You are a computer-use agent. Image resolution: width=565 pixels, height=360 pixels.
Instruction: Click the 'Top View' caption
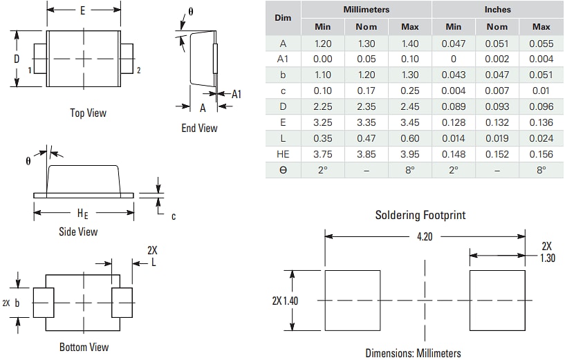coord(88,113)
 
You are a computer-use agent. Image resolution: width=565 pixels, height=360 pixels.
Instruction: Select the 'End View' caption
coord(199,128)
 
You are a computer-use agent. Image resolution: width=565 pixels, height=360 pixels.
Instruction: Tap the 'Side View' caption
coord(78,231)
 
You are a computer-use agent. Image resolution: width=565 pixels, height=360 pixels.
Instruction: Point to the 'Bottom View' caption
coord(84,347)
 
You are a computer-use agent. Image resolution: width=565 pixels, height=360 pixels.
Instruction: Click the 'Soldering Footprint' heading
coord(420,215)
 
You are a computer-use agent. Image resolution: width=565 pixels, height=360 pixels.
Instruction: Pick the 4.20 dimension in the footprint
coord(425,236)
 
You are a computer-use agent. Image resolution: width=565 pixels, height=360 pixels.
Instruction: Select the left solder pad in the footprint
coord(353,301)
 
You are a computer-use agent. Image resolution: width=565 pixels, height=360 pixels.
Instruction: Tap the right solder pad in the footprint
coord(497,301)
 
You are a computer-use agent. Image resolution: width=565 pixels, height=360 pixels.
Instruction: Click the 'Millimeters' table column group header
coord(366,10)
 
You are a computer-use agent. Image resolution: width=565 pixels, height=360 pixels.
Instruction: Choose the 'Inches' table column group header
coord(497,10)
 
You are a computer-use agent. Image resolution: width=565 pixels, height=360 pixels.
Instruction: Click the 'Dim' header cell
coord(283,18)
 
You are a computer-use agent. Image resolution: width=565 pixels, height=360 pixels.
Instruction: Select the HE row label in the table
coord(283,154)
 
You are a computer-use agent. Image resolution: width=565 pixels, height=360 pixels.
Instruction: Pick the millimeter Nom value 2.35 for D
coord(366,106)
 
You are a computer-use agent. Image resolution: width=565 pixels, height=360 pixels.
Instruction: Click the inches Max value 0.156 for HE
coord(541,154)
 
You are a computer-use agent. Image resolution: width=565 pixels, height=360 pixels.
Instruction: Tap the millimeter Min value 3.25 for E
coord(322,122)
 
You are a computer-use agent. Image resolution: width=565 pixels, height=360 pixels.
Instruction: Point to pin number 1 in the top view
coord(30,70)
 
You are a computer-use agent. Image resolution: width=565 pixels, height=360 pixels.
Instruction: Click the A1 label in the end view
coord(236,94)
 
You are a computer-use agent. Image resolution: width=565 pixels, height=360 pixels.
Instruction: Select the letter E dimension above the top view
coord(83,10)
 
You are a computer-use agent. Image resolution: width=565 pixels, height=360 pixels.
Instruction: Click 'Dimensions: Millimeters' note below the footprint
coord(413,353)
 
